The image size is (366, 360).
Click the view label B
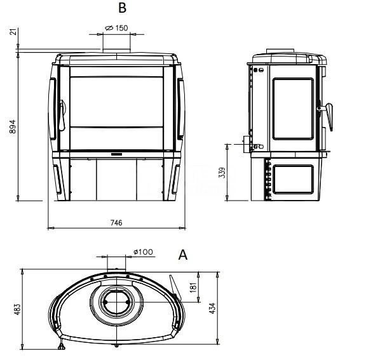[x=122, y=8]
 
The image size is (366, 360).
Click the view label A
[x=183, y=255]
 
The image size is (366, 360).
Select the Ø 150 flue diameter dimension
[x=116, y=28]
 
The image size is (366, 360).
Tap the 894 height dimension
[x=12, y=126]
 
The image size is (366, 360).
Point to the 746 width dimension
[x=116, y=223]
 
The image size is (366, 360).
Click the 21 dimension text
[x=13, y=32]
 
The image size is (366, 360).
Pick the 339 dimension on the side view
[x=222, y=173]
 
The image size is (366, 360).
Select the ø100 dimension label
[x=143, y=252]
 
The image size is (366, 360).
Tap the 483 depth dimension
[x=18, y=309]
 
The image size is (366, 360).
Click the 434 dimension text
[x=212, y=308]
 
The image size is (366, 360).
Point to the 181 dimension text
[x=193, y=287]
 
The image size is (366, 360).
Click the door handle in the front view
[x=62, y=115]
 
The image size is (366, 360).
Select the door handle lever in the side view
[x=327, y=116]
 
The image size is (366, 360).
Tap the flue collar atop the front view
[x=117, y=51]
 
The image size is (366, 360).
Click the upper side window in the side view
[x=293, y=109]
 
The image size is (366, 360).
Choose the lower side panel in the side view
[x=294, y=179]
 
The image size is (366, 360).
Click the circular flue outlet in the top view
[x=116, y=302]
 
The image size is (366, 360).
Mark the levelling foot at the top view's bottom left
[x=62, y=346]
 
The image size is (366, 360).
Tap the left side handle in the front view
[x=53, y=109]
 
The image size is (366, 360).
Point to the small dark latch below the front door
[x=116, y=154]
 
